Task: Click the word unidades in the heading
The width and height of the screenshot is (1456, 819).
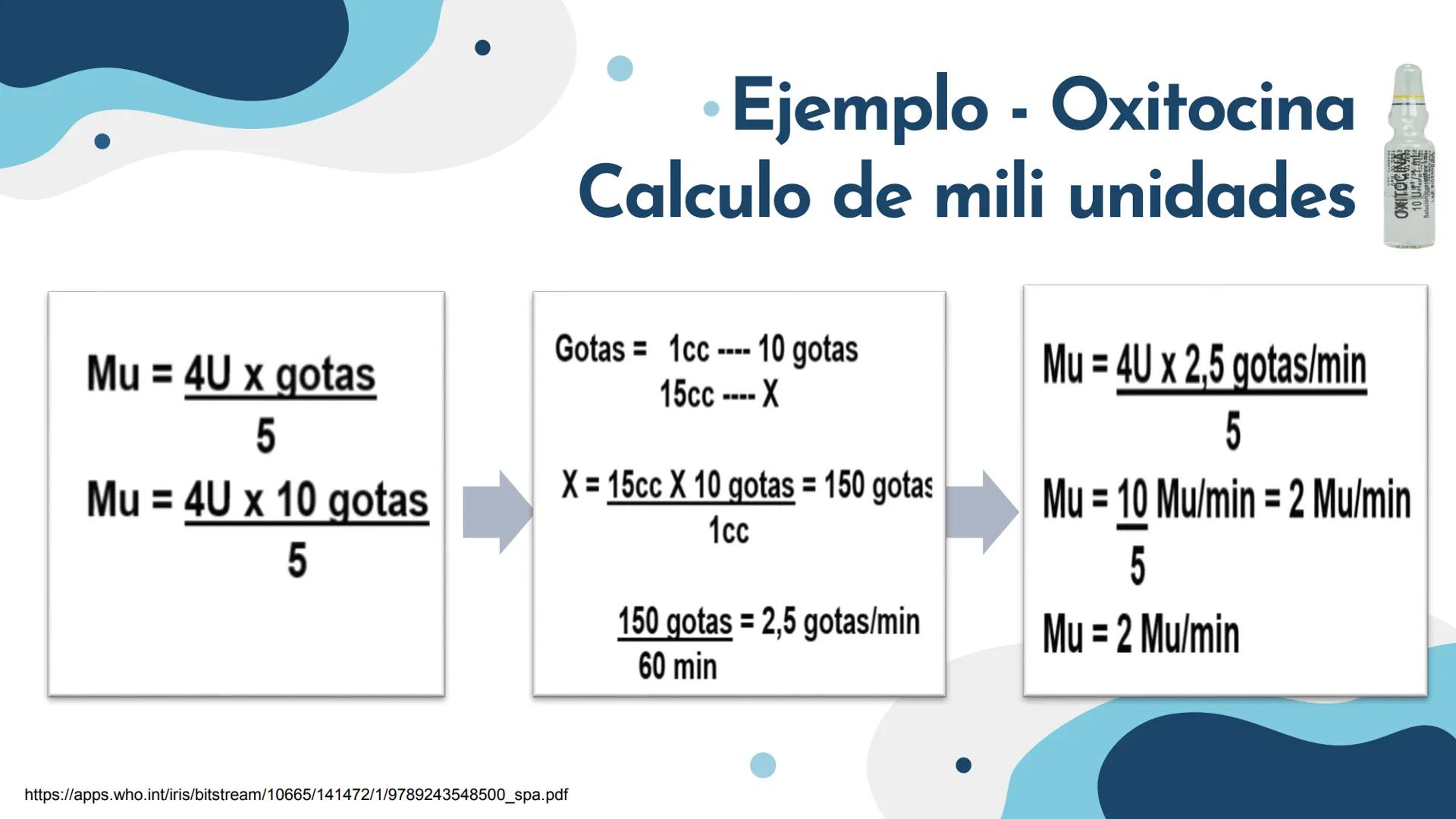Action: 1212,195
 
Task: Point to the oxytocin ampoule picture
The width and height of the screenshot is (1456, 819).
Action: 1407,156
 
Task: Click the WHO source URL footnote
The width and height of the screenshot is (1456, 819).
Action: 296,795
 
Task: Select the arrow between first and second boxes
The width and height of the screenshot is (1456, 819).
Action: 497,512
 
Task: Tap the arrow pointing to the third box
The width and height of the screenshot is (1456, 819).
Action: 982,512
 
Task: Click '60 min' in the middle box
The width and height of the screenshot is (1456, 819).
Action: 677,667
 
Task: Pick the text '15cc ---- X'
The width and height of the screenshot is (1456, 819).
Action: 719,394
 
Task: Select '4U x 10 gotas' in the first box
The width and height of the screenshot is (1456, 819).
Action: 306,500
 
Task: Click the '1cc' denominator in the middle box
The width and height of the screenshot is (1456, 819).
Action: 729,531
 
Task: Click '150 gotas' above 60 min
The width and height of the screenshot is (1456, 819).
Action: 675,622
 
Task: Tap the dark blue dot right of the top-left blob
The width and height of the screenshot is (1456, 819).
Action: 482,48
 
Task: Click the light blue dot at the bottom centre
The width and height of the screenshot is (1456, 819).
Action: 763,764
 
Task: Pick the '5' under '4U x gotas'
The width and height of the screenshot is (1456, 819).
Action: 265,436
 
